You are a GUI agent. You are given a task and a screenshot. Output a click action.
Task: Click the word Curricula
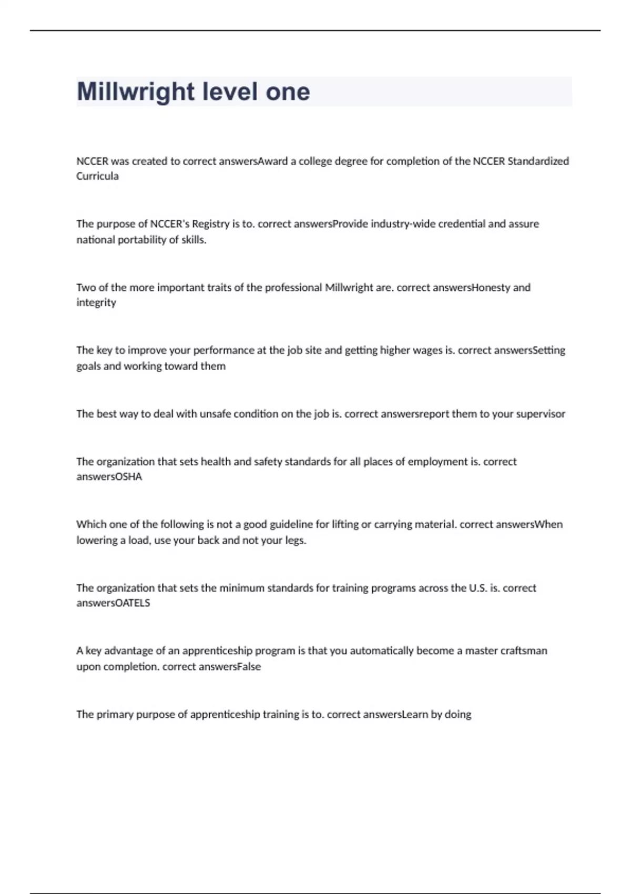point(97,176)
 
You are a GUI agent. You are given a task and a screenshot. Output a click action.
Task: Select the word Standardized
point(538,161)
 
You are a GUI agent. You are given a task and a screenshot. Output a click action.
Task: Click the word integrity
point(96,302)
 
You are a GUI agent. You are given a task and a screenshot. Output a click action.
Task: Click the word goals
point(88,366)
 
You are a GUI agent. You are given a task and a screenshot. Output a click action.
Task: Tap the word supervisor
point(541,414)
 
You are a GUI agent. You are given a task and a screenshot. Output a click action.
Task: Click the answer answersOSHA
point(109,477)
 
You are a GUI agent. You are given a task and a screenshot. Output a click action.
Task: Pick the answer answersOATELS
point(113,603)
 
